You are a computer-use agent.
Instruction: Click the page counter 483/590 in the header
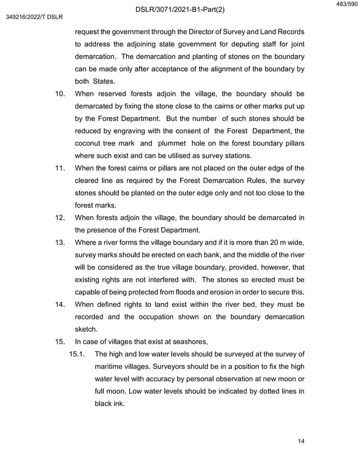click(345, 5)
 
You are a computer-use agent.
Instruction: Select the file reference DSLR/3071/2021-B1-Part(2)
click(180, 9)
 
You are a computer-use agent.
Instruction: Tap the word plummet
click(184, 143)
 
